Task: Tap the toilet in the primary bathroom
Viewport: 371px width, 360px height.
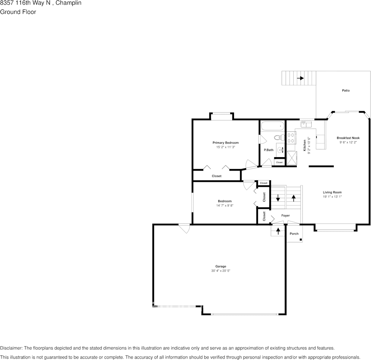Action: click(x=279, y=137)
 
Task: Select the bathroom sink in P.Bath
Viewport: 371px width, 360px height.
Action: click(x=281, y=150)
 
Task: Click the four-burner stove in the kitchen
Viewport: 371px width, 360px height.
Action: click(x=291, y=138)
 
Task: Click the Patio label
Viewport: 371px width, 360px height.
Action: click(x=346, y=91)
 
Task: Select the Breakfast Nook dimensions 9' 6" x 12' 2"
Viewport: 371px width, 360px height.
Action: click(x=348, y=142)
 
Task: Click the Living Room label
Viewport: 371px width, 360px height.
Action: click(x=332, y=192)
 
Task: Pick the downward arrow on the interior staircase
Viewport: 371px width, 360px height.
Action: click(x=278, y=198)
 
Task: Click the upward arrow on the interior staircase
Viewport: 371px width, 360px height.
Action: click(x=293, y=198)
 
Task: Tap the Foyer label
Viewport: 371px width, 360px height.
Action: click(x=285, y=215)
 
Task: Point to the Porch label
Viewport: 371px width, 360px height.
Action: click(x=294, y=234)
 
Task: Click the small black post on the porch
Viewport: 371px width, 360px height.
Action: click(x=301, y=239)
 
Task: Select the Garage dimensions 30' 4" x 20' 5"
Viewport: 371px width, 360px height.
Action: click(x=221, y=271)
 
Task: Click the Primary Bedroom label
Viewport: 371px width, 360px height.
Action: click(x=226, y=143)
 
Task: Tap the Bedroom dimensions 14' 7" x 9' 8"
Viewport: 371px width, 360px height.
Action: click(x=225, y=205)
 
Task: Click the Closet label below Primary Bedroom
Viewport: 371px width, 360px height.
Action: click(x=217, y=176)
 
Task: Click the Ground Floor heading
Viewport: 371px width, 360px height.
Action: click(x=18, y=12)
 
